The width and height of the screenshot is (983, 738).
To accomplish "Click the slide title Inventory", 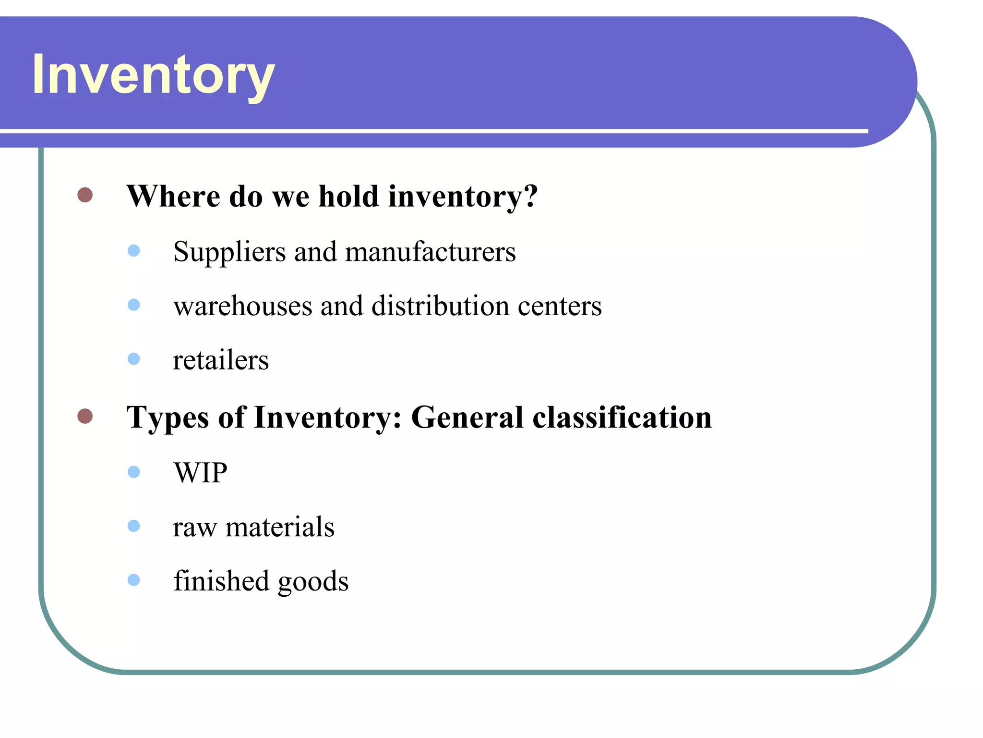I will point(153,75).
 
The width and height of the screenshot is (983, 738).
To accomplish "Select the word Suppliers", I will point(229,252).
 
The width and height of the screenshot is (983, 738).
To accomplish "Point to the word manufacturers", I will point(430,252).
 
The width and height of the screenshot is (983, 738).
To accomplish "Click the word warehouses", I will point(243,306).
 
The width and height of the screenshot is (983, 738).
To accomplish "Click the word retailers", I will point(221,360).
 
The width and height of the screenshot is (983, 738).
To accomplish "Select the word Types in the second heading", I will point(168,418).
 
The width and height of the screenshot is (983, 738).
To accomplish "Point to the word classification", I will point(622,417).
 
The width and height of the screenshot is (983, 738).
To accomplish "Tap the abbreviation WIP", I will point(201,473).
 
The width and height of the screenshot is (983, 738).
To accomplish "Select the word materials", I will point(280,527).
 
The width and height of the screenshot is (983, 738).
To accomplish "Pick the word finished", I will point(221,581).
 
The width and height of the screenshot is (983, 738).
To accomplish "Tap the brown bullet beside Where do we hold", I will point(85,195).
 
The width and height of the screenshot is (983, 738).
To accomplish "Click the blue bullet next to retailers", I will point(134,359).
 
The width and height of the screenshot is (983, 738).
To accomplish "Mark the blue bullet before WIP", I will point(134,472).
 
